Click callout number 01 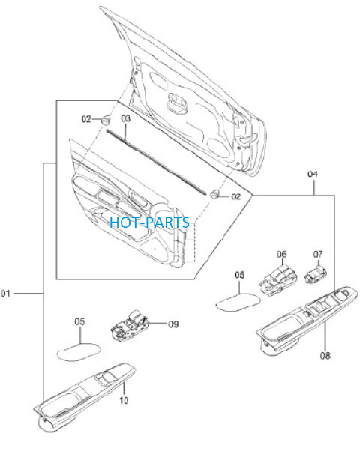pyautogui.click(x=6, y=293)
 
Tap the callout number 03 pyautogui.click(x=125, y=118)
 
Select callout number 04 pyautogui.click(x=313, y=174)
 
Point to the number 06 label pyautogui.click(x=282, y=255)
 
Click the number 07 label pyautogui.click(x=318, y=255)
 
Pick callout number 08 pyautogui.click(x=325, y=356)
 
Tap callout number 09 pyautogui.click(x=173, y=324)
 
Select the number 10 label pyautogui.click(x=124, y=400)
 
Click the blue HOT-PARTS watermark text pyautogui.click(x=149, y=223)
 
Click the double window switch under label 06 pyautogui.click(x=278, y=280)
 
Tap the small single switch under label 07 pyautogui.click(x=316, y=274)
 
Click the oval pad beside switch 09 pyautogui.click(x=79, y=351)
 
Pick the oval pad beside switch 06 pyautogui.click(x=238, y=302)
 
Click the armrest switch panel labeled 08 pyautogui.click(x=307, y=321)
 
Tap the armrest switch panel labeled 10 pyautogui.click(x=85, y=396)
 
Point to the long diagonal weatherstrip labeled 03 pyautogui.click(x=156, y=162)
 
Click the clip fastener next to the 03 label pyautogui.click(x=105, y=120)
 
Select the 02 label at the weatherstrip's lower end pyautogui.click(x=236, y=196)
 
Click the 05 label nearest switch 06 pyautogui.click(x=240, y=275)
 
